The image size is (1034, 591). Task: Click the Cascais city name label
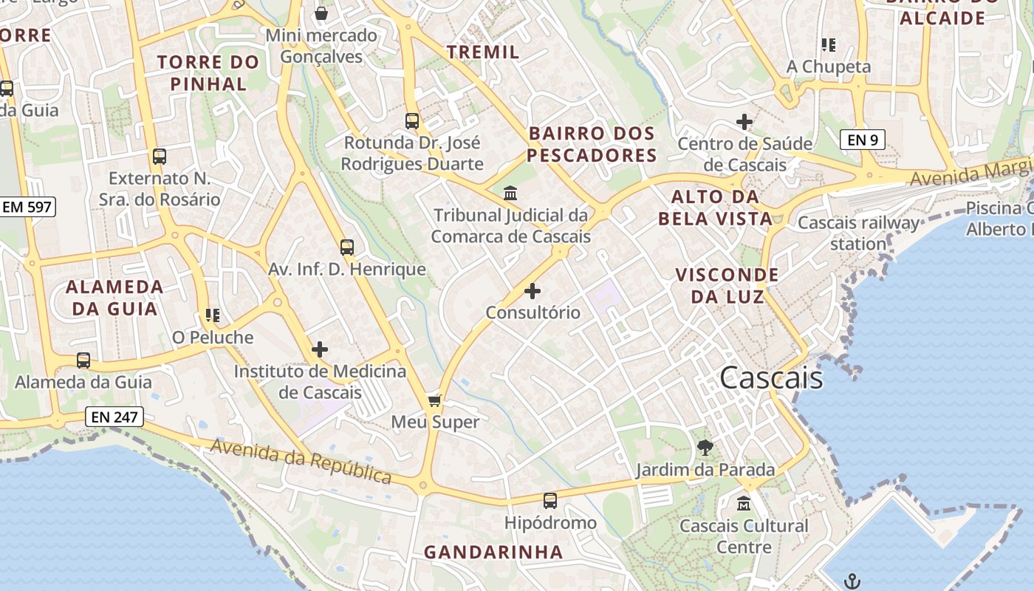[771, 378]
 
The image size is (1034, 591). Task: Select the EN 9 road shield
[862, 139]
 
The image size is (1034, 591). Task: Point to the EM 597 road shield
[27, 207]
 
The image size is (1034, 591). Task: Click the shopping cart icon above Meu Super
[435, 400]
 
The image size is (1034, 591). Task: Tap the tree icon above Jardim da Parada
[705, 447]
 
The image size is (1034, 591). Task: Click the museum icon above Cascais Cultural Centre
[744, 504]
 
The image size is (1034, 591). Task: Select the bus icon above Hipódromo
[550, 501]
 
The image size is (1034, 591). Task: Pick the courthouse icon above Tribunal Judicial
[510, 194]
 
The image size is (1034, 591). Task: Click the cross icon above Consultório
[532, 291]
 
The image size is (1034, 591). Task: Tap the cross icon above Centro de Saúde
[744, 122]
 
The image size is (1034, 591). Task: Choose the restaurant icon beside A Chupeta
[829, 45]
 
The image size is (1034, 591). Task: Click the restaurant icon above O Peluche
[213, 316]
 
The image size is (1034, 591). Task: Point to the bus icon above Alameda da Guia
[83, 361]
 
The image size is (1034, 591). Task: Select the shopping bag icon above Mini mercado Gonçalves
[321, 13]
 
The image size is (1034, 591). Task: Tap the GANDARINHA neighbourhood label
[493, 552]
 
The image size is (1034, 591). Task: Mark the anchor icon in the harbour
[852, 581]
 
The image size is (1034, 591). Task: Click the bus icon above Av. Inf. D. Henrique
[347, 247]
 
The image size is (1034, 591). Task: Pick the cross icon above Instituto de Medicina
[320, 349]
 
